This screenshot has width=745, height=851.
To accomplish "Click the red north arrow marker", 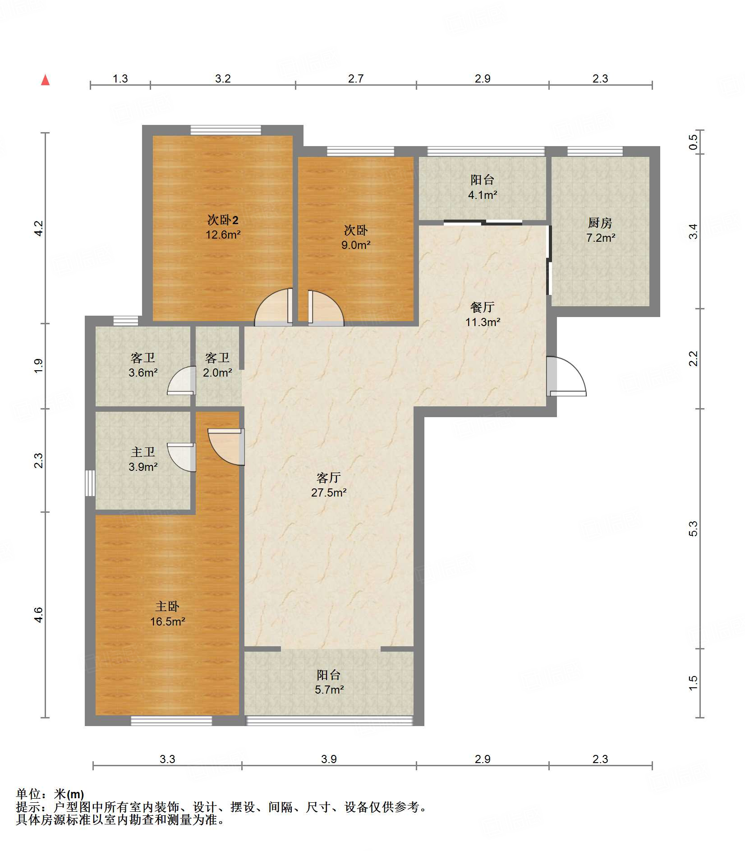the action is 45,80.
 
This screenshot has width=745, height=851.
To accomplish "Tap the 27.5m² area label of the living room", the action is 329,492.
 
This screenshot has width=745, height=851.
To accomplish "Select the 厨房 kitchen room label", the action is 600,223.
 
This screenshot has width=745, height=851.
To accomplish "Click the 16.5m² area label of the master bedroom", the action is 168,621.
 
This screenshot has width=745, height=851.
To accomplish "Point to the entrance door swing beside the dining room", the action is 566,376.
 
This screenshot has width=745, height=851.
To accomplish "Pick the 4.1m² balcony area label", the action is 483,195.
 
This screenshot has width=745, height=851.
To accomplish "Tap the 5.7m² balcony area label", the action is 329,690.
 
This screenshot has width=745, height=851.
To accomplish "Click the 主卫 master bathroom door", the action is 182,457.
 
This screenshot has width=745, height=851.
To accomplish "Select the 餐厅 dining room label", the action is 483,307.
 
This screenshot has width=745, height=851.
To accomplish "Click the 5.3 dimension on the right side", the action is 693,529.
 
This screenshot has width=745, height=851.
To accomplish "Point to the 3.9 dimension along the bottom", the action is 329,759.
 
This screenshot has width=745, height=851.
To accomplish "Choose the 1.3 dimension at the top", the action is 120,79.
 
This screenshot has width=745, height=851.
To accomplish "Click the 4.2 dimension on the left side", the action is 39,228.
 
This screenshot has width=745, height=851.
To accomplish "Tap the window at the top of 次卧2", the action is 225,130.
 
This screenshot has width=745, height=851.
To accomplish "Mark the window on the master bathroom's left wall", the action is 90,483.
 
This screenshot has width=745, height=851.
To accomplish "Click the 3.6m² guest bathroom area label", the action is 143,373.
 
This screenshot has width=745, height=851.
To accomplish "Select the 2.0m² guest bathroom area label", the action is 217,373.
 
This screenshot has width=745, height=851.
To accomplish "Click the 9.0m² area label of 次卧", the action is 356,245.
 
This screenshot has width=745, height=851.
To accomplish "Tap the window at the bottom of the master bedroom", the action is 171,721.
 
